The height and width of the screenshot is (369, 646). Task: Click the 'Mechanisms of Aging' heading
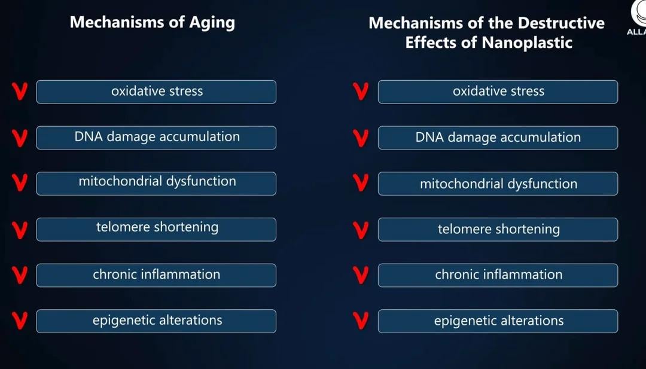[153, 23]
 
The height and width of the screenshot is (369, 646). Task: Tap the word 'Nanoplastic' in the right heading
[527, 43]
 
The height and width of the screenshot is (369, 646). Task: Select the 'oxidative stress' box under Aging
[156, 92]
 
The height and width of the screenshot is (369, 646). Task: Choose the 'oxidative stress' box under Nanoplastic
[498, 92]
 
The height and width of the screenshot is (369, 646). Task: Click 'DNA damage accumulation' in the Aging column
[156, 138]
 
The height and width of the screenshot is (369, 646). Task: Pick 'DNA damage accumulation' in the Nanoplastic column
[498, 138]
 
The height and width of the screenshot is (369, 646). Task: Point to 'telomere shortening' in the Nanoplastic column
[498, 230]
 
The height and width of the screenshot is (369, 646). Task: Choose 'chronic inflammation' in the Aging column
[156, 275]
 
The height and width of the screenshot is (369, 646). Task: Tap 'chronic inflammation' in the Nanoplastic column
[498, 275]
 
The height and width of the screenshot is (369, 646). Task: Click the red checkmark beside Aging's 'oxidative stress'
[19, 92]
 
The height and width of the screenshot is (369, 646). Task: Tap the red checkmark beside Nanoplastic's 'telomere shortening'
[361, 231]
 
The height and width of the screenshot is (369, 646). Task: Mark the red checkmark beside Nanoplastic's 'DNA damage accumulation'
[361, 139]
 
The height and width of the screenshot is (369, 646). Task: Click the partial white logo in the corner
[638, 17]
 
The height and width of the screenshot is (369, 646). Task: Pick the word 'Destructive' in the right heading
[561, 23]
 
